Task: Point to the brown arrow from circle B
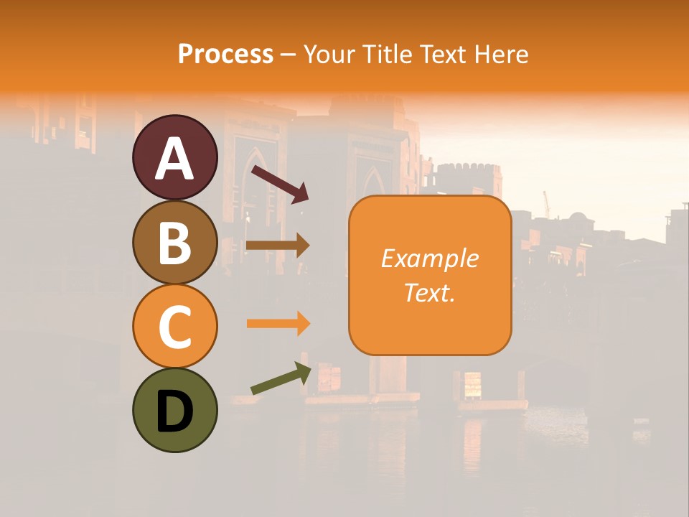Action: coord(278,246)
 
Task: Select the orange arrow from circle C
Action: coord(278,324)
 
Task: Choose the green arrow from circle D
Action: coord(281,378)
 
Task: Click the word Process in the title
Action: coord(225,54)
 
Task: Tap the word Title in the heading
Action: coord(388,54)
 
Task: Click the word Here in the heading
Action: coord(500,54)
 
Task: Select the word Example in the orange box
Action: coord(429,258)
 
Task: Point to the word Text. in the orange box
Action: coord(429,292)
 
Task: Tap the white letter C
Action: coord(174,327)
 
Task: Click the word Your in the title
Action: coord(329,54)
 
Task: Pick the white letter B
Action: coord(174,243)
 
